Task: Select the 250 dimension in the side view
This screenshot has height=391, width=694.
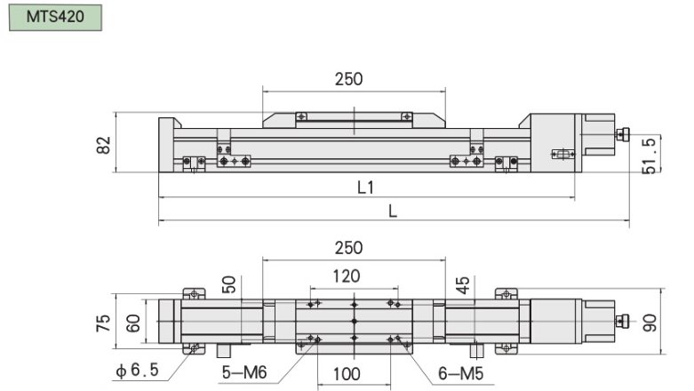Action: click(x=348, y=79)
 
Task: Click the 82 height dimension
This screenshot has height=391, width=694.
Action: click(x=104, y=144)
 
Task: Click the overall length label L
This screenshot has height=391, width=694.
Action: click(x=393, y=211)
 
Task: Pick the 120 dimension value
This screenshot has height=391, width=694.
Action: click(x=347, y=276)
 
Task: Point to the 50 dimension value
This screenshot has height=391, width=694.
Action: click(x=229, y=284)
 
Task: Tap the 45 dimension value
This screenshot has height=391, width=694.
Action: click(x=461, y=284)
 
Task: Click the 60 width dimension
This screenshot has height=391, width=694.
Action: click(x=133, y=323)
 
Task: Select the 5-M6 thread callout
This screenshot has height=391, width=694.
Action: click(x=239, y=374)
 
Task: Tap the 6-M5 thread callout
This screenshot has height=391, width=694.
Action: click(x=461, y=374)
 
